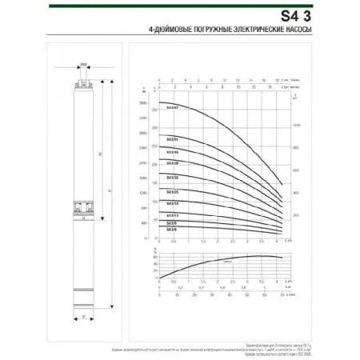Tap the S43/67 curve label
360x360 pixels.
click(172, 106)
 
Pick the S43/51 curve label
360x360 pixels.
click(172, 138)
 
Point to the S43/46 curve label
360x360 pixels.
click(172, 151)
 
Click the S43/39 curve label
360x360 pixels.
click(172, 163)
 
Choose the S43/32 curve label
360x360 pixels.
click(172, 178)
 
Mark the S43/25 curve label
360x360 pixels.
click(172, 192)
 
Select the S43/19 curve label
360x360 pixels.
click(172, 204)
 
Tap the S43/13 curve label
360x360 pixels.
click(172, 215)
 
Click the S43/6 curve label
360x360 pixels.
click(171, 230)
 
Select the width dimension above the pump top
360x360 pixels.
click(83, 68)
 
